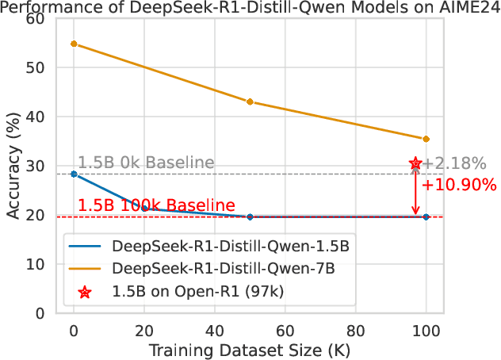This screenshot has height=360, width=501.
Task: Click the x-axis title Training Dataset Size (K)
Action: click(250, 349)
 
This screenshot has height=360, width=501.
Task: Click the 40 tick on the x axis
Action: click(215, 328)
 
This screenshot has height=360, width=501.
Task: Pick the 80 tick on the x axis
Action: click(356, 328)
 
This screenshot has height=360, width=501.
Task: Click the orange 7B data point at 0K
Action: click(74, 44)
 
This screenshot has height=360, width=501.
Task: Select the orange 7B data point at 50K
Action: click(250, 101)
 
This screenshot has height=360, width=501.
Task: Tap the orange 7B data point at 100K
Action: click(426, 139)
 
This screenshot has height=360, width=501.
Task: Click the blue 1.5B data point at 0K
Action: click(74, 174)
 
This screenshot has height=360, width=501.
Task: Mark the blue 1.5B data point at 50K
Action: click(250, 216)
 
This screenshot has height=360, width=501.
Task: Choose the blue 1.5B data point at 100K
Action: click(426, 216)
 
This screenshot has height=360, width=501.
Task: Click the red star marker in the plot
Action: click(415, 164)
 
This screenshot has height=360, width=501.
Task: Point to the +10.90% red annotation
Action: click(459, 186)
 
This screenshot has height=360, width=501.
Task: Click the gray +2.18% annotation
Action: click(454, 164)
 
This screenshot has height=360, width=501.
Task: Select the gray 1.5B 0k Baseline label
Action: click(146, 163)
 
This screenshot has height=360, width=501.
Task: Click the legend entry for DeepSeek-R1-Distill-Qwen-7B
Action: click(224, 269)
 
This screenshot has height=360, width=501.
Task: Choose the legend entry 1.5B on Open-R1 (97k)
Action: click(198, 291)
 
